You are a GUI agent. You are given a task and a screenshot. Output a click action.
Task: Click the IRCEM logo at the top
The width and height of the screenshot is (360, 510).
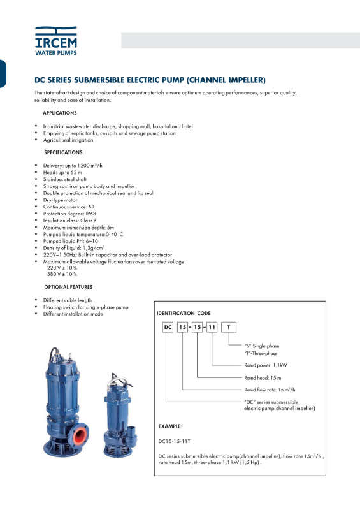(56, 41)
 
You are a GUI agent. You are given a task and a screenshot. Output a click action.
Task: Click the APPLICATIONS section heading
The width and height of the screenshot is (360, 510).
(60, 113)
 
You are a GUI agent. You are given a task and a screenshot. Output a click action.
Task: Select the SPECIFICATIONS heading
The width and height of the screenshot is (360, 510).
(63, 152)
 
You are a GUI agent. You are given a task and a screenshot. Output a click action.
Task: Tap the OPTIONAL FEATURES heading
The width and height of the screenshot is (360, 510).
(68, 287)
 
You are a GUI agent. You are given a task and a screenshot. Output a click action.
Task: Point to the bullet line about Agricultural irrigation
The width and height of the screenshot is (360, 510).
(68, 140)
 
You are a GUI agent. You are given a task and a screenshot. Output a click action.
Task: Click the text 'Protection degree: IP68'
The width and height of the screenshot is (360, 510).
(69, 214)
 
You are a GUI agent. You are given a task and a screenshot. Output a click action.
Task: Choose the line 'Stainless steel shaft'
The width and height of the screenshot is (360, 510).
(65, 179)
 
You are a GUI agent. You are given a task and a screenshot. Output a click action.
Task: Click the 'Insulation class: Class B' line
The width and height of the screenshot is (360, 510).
(69, 221)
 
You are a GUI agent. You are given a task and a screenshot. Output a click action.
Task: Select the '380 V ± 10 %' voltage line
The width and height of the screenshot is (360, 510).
(62, 274)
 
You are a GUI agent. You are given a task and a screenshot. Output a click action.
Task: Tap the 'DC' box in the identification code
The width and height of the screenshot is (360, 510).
(168, 327)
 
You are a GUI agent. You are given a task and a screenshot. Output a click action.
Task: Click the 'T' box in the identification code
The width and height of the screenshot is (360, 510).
(229, 327)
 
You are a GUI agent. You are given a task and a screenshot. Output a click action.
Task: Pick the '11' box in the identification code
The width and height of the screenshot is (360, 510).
(212, 327)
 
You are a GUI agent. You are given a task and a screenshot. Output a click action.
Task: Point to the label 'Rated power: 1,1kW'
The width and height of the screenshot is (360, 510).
(266, 365)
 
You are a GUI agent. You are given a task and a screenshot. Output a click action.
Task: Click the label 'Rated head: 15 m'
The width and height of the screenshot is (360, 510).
(263, 378)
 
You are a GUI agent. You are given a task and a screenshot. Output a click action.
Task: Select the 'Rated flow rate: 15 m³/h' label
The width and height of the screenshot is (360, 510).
(270, 390)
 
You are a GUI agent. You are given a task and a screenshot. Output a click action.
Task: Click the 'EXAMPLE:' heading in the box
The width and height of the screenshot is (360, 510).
(170, 426)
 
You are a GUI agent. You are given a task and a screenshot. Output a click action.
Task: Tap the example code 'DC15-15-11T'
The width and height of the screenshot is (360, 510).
(174, 441)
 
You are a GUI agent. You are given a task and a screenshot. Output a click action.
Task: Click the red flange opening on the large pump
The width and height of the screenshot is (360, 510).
(80, 435)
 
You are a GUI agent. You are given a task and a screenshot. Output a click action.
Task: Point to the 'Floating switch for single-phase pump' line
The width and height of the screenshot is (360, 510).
(85, 307)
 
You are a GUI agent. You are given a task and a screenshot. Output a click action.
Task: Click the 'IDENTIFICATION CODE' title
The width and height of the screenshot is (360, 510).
(184, 313)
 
